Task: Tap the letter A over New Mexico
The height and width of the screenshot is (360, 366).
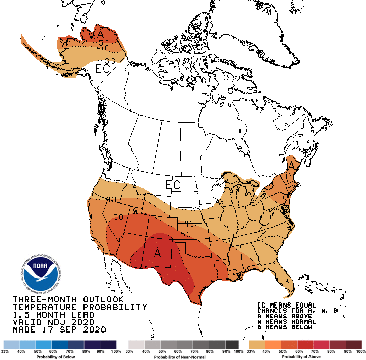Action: [x=158, y=253]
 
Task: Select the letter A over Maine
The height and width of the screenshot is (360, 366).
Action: [x=292, y=165]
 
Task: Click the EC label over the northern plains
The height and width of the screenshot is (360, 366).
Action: [x=173, y=184]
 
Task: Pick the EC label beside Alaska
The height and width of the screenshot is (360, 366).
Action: [x=103, y=69]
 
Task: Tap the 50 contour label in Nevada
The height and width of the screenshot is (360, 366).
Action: [x=119, y=217]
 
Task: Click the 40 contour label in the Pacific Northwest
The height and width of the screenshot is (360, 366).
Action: [x=111, y=199]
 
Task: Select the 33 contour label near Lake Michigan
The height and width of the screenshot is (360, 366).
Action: [x=219, y=202]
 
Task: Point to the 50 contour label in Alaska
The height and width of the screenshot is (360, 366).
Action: [x=104, y=43]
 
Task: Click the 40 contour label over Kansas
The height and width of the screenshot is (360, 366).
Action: [x=189, y=224]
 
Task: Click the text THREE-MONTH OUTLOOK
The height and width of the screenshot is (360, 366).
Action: [x=68, y=299]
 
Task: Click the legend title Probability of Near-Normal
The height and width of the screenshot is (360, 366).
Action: [x=183, y=357]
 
